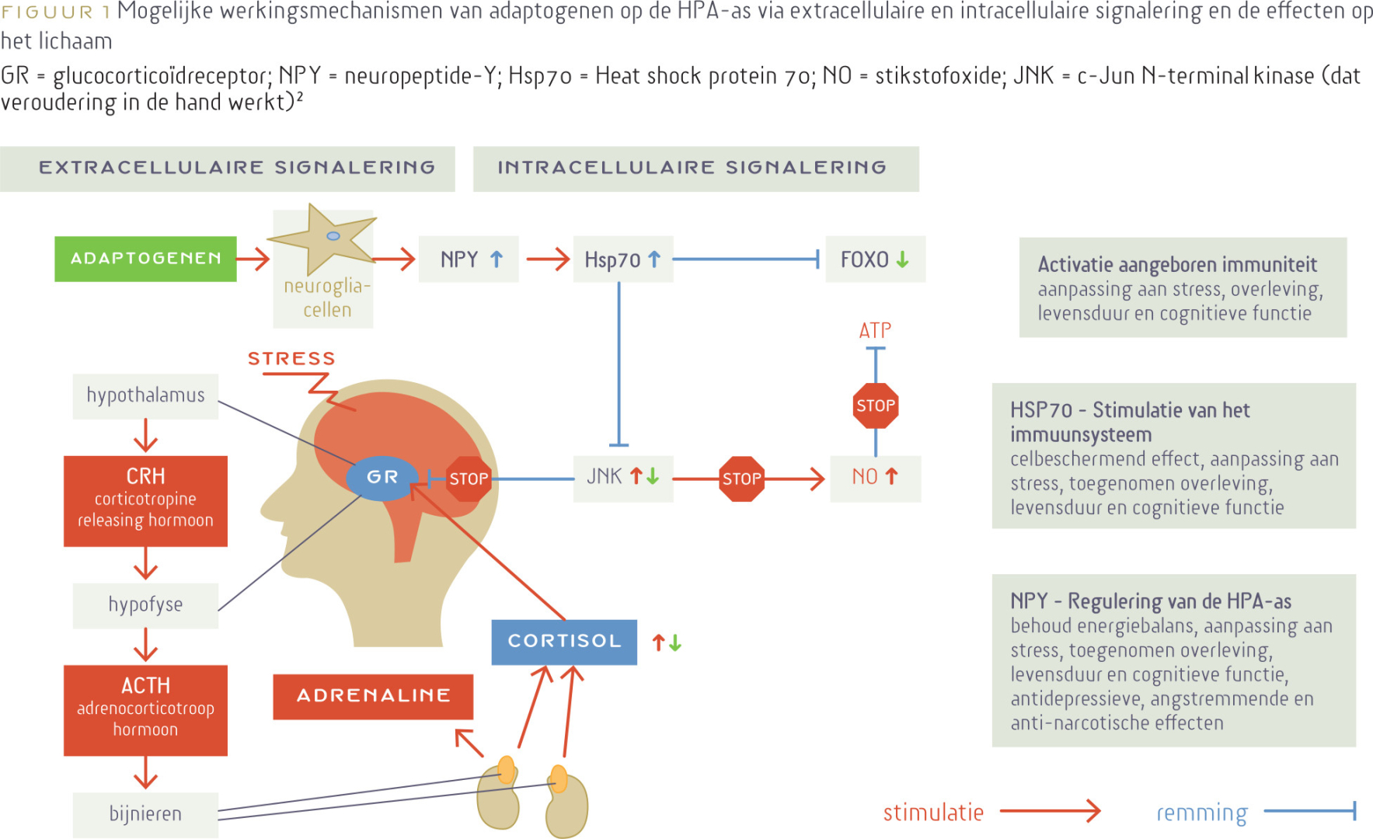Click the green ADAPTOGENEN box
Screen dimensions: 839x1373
tap(145, 259)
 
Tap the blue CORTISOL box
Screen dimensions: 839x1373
tap(564, 642)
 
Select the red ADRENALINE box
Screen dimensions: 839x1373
tap(373, 696)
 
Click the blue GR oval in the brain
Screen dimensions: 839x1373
tap(382, 477)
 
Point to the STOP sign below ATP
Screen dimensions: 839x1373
tap(876, 406)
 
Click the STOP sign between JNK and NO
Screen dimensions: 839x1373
tap(742, 479)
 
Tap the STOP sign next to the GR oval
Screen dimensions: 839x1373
tap(469, 479)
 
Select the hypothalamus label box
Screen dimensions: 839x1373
tap(145, 396)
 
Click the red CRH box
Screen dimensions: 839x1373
tap(145, 501)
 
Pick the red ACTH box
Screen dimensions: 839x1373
tap(145, 710)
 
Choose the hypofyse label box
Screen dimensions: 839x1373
tap(145, 605)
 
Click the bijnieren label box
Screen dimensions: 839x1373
tap(145, 814)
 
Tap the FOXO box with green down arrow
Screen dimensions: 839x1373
tap(875, 259)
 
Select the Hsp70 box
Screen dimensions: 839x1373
tap(622, 259)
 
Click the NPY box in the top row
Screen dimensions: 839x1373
tap(469, 259)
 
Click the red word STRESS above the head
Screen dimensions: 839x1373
tap(291, 359)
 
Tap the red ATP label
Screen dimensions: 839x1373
tap(875, 331)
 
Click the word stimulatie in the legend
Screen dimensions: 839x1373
tap(933, 813)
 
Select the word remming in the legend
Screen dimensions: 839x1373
tap(1201, 813)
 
